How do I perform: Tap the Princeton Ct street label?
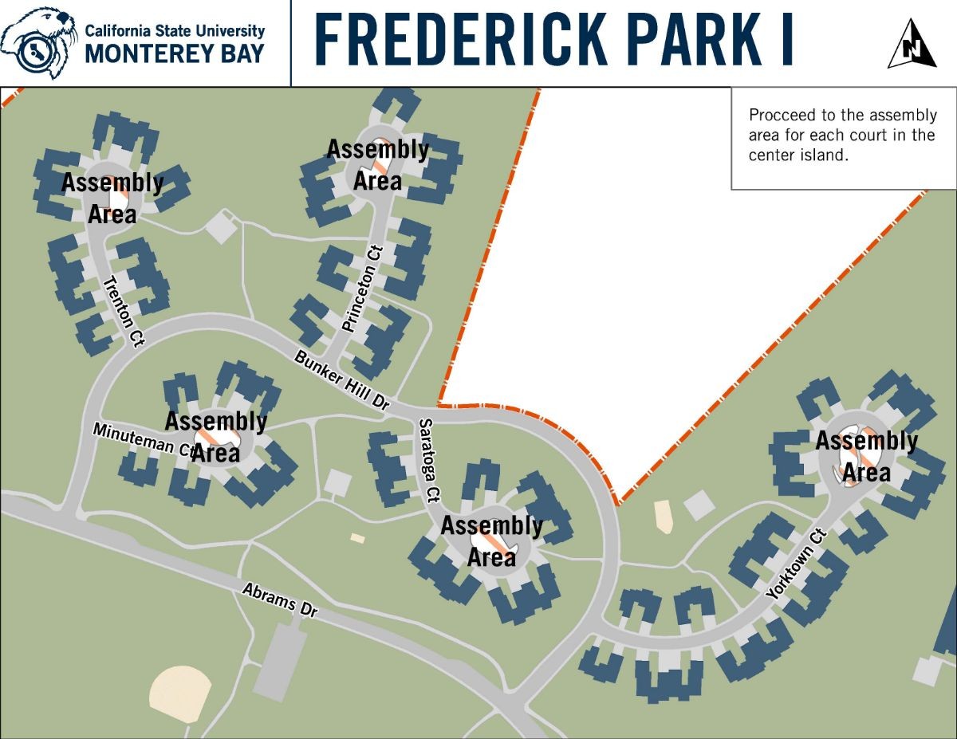(x=363, y=289)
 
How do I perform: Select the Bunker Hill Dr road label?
(x=341, y=381)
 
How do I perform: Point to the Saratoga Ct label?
(x=429, y=461)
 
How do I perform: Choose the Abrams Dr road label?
(x=280, y=599)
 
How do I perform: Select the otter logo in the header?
(x=37, y=41)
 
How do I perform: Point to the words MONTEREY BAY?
(x=175, y=53)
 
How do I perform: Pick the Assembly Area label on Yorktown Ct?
(x=866, y=457)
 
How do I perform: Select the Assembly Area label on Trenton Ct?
(x=112, y=198)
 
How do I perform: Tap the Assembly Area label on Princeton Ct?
(x=378, y=164)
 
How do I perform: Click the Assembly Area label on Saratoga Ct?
(x=491, y=541)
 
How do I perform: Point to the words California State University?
(x=175, y=30)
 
